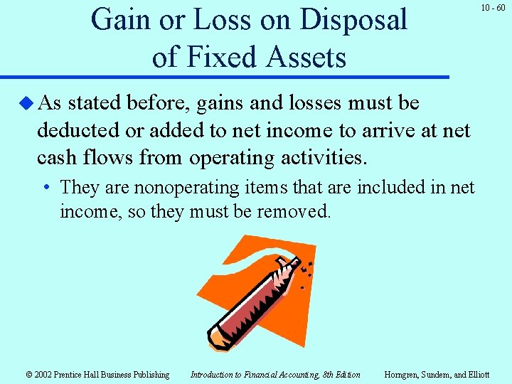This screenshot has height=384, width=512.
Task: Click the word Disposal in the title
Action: (x=353, y=20)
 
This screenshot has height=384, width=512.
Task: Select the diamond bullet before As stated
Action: (x=27, y=104)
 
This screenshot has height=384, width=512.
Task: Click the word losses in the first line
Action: (x=308, y=104)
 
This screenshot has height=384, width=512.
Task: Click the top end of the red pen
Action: (x=284, y=266)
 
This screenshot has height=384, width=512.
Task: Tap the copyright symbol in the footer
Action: (x=29, y=375)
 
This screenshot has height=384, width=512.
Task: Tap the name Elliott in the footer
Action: (x=476, y=375)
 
